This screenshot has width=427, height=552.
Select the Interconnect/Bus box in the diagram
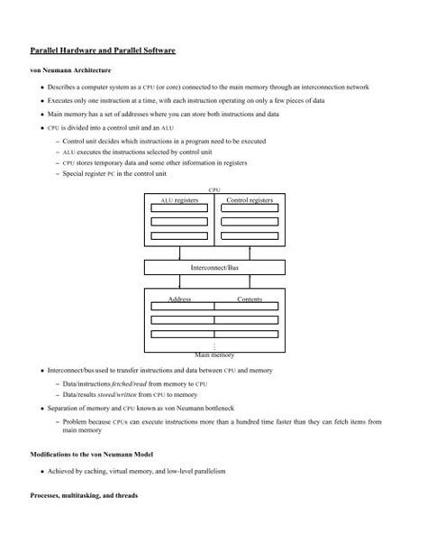point(213,269)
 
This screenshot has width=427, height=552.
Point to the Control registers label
point(250,199)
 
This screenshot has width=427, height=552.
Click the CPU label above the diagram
point(214,190)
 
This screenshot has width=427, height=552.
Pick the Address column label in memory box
point(179,298)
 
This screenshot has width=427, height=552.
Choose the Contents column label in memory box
point(250,298)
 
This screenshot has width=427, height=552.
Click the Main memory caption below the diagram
point(214,356)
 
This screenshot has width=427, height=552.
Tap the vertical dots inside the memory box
point(214,345)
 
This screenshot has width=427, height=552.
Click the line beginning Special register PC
point(123,172)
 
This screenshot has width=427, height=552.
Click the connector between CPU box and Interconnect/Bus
point(214,252)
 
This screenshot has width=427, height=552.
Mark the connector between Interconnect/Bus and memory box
point(214,282)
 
